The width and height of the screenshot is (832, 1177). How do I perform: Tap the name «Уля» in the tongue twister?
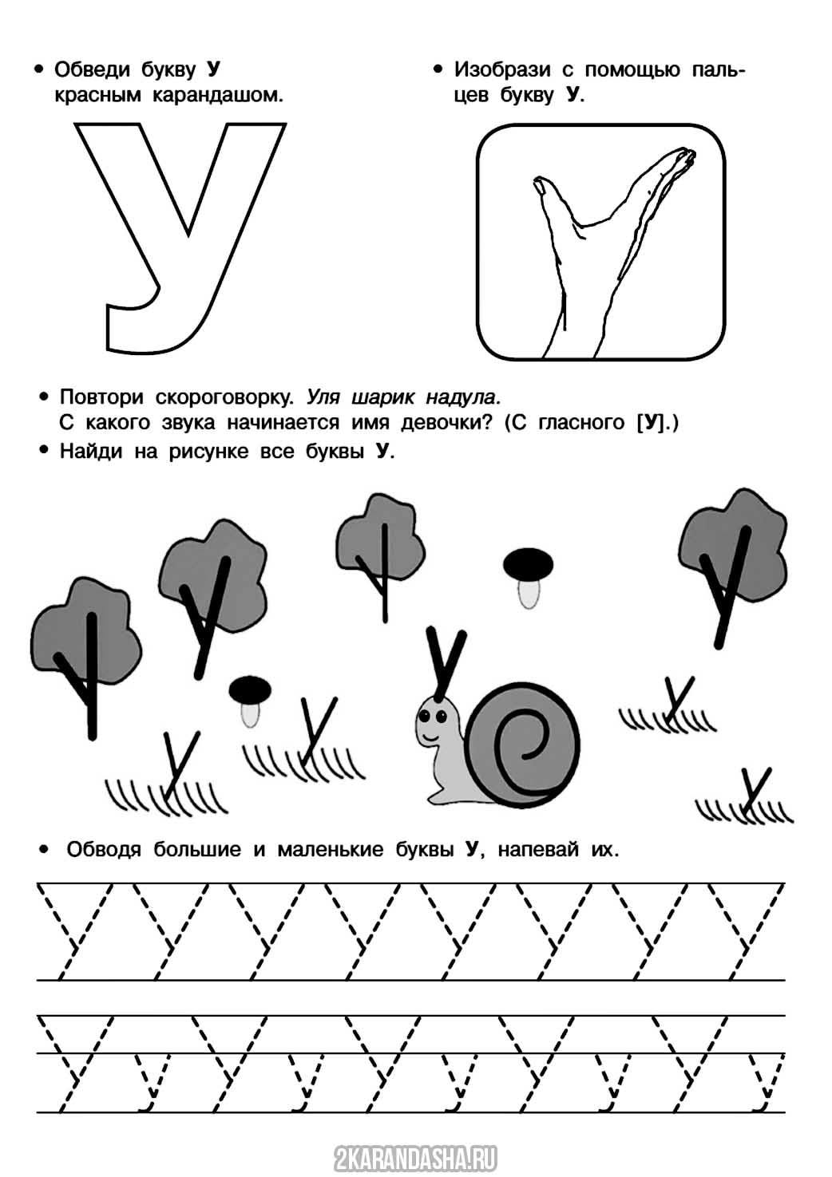coord(325,397)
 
